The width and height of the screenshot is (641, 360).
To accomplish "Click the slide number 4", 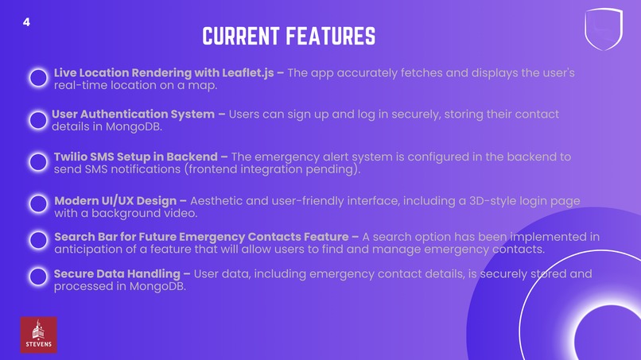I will (26, 22).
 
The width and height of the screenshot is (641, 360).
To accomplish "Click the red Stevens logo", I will (38, 335).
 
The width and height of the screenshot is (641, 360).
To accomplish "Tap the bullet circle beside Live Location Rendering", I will (38, 78).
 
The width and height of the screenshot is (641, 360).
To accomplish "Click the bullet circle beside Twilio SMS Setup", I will (38, 162).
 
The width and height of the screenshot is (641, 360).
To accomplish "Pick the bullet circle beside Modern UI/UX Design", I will (38, 204).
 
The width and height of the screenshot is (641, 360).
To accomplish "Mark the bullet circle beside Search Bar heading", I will (38, 241).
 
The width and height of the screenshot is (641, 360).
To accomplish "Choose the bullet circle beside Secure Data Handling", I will (38, 277).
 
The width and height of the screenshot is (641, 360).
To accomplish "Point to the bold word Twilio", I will (74, 157).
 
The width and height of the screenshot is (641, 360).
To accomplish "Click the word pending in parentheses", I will (333, 169).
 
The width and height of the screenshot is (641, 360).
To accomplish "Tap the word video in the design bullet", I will (180, 213).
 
